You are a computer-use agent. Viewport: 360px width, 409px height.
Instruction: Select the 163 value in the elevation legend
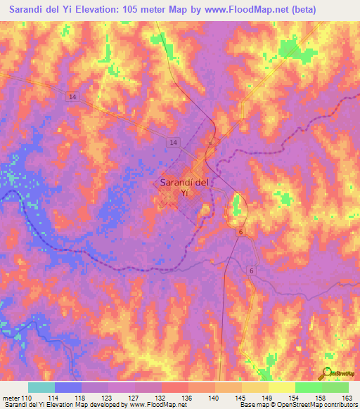pos(347,398)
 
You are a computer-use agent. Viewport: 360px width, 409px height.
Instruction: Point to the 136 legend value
pos(187,398)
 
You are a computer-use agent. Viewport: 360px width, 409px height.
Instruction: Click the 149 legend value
pos(267,398)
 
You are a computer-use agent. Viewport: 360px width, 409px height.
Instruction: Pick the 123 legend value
pos(108,398)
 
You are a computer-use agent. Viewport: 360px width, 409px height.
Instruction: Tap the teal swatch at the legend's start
pos(41,388)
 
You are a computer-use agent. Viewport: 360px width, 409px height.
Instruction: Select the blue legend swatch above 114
pos(68,388)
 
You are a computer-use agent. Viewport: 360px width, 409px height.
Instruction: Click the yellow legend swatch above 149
pos(255,388)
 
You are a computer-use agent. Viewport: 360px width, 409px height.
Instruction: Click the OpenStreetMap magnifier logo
pos(328,373)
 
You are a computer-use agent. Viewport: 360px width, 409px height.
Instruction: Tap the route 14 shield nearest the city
pos(172,143)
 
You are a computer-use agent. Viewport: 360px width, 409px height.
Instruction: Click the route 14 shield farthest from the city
pos(73,97)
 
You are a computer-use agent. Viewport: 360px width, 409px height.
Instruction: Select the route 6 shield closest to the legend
pos(251,270)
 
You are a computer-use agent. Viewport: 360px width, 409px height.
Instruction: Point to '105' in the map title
pos(146,10)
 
